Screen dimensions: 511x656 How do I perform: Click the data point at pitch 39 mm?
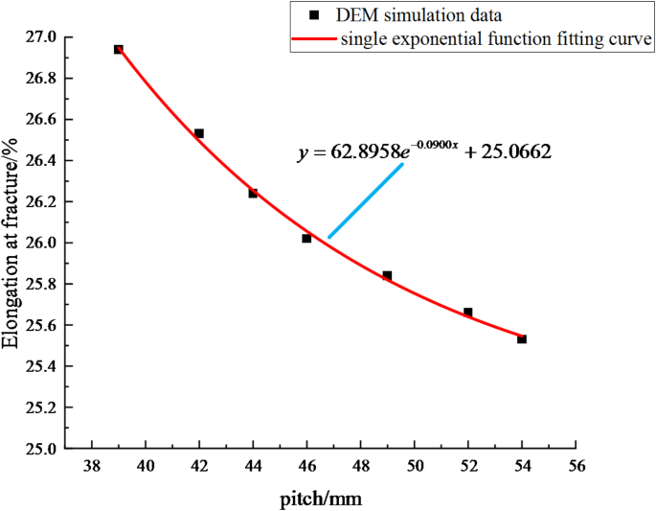pyautogui.click(x=119, y=49)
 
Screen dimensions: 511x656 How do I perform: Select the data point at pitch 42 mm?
pyautogui.click(x=199, y=133)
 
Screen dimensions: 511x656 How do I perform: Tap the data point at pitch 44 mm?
pyautogui.click(x=253, y=193)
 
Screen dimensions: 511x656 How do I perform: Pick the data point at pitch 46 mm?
pyautogui.click(x=306, y=238)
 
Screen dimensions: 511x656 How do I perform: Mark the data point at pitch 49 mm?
pyautogui.click(x=387, y=275)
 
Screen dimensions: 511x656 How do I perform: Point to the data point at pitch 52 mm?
pyautogui.click(x=468, y=313)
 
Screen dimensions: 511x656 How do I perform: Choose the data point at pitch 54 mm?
pyautogui.click(x=522, y=338)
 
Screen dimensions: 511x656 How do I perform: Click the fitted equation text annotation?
pyautogui.click(x=424, y=151)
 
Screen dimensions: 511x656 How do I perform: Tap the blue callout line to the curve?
pyautogui.click(x=364, y=201)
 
